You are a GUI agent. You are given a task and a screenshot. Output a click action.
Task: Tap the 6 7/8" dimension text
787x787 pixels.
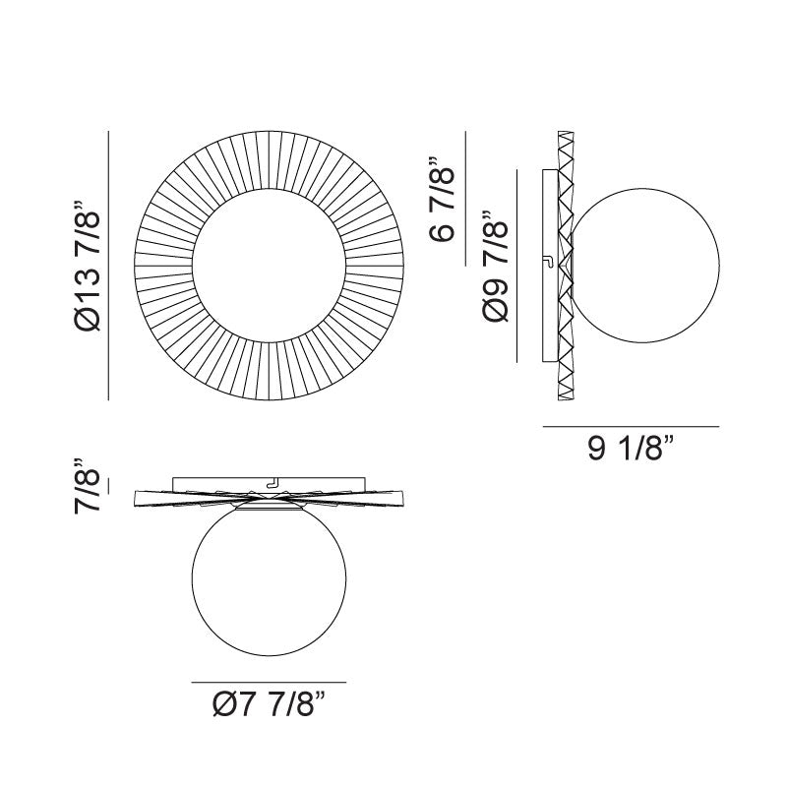point(442,203)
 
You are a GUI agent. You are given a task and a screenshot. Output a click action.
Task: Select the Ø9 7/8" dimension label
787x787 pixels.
point(497,269)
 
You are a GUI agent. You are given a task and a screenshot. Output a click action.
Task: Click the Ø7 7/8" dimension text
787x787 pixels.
point(268,705)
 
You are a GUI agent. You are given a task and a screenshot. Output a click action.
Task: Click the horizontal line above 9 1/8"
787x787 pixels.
point(631,426)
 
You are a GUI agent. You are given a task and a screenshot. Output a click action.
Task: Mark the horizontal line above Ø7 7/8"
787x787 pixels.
point(268,682)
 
